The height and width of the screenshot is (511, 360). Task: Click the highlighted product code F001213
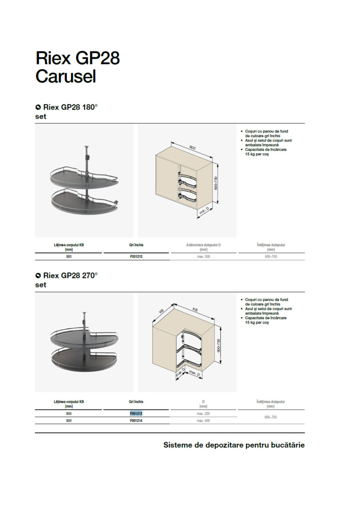click(x=136, y=413)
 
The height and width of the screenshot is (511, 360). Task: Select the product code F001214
click(x=136, y=421)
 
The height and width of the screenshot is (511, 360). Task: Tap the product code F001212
click(x=136, y=256)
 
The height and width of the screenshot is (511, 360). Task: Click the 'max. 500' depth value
click(x=203, y=256)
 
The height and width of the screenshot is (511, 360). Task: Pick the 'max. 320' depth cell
click(x=203, y=413)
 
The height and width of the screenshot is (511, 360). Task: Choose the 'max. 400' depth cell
click(x=203, y=421)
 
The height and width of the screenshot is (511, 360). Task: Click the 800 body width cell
click(x=69, y=413)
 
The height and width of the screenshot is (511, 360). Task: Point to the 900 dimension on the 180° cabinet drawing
click(x=192, y=148)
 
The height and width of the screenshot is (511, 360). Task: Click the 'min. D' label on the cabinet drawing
click(x=204, y=212)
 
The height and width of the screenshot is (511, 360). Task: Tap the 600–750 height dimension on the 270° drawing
click(x=219, y=346)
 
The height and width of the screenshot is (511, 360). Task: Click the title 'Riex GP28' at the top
click(x=78, y=58)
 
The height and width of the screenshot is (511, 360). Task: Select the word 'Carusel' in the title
click(x=66, y=76)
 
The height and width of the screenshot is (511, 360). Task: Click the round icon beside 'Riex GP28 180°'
click(x=38, y=107)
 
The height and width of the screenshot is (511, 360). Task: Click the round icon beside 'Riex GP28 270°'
click(x=38, y=276)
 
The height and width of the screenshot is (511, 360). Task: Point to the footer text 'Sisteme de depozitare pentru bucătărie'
click(x=234, y=445)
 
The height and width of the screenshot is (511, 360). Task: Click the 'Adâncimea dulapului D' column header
click(x=203, y=245)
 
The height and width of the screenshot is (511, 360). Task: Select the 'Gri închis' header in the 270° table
click(x=136, y=402)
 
